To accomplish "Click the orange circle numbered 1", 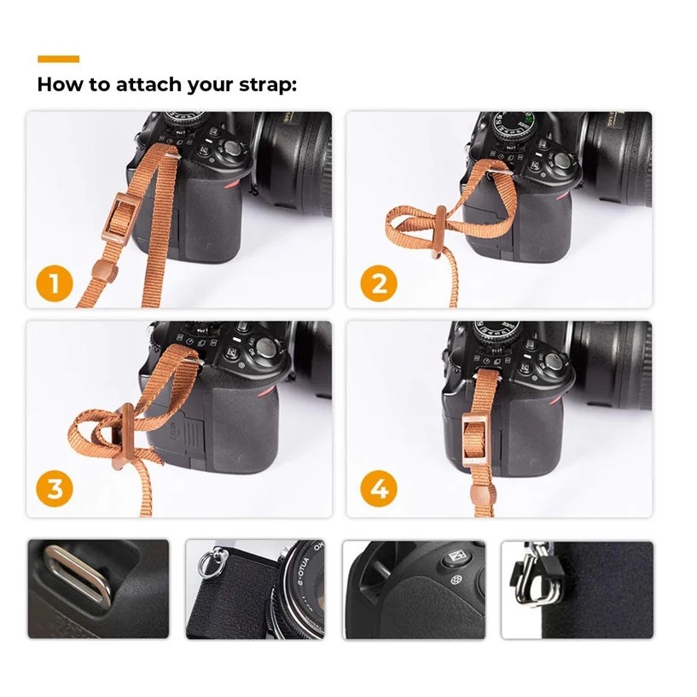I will click(55, 282).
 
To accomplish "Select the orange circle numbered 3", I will click(55, 490).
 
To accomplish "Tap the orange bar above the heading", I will click(58, 59).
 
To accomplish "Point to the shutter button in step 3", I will click(268, 347).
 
